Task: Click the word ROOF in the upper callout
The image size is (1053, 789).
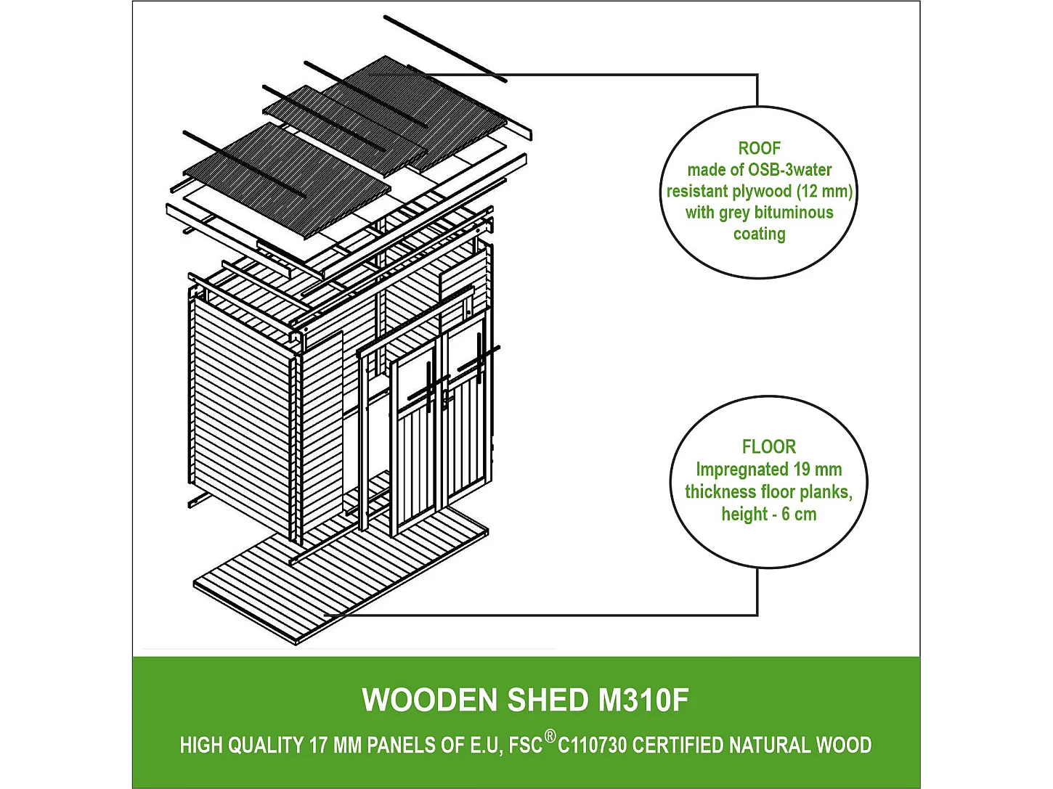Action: click(759, 148)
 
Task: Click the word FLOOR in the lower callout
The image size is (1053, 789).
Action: click(768, 446)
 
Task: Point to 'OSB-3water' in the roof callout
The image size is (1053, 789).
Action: click(789, 170)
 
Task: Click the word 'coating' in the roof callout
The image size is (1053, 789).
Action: click(759, 234)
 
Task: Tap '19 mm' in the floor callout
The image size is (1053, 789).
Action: click(818, 470)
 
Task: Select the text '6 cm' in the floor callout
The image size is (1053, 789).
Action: click(799, 515)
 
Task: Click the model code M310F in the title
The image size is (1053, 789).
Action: click(643, 700)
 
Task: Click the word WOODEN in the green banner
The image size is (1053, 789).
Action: click(429, 700)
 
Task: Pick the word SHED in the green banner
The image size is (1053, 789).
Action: click(548, 700)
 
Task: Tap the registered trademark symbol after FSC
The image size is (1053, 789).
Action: click(550, 737)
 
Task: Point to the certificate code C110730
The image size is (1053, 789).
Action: click(592, 745)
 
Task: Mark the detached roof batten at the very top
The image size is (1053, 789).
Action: click(444, 48)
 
